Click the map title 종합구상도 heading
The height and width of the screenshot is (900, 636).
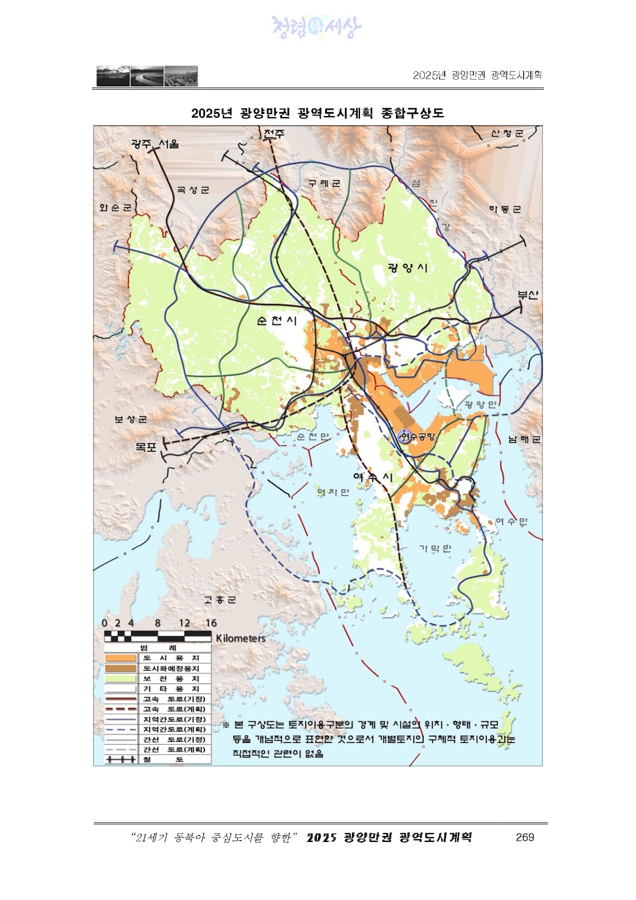pyautogui.click(x=317, y=113)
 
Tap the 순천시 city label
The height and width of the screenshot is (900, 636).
pyautogui.click(x=277, y=321)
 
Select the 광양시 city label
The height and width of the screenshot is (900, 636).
pyautogui.click(x=408, y=268)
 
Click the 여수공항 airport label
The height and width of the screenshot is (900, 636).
pyautogui.click(x=418, y=437)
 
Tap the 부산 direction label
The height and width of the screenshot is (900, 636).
pyautogui.click(x=528, y=295)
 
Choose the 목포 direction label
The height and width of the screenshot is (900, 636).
pyautogui.click(x=146, y=447)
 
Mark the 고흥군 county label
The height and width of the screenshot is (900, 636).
pyautogui.click(x=220, y=600)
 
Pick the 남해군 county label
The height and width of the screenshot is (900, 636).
pyautogui.click(x=524, y=439)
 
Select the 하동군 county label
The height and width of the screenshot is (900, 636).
pyautogui.click(x=504, y=210)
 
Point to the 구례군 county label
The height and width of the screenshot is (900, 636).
pyautogui.click(x=324, y=184)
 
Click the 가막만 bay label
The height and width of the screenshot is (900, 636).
pyautogui.click(x=435, y=548)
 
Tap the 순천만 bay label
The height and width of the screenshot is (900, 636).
pyautogui.click(x=312, y=437)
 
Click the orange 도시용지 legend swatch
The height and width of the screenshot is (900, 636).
pyautogui.click(x=121, y=658)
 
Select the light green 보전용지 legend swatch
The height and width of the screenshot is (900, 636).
pyautogui.click(x=121, y=679)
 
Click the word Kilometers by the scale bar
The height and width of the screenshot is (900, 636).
pyautogui.click(x=241, y=639)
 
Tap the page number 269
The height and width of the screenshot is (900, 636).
pyautogui.click(x=524, y=838)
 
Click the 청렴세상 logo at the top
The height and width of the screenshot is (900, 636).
pyautogui.click(x=316, y=27)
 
